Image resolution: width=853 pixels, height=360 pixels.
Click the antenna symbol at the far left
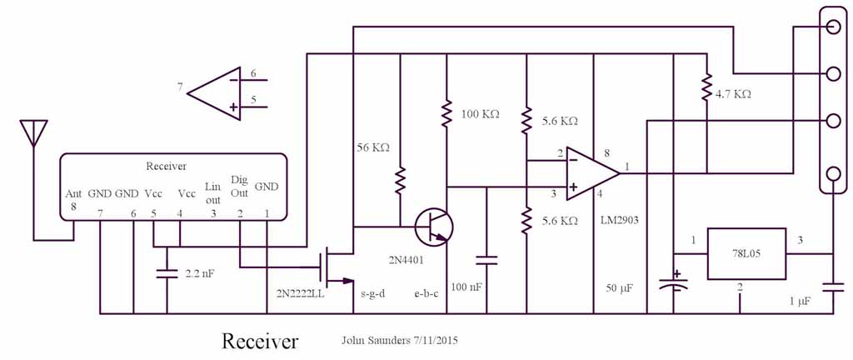pyautogui.click(x=33, y=133)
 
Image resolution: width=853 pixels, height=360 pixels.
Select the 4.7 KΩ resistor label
pyautogui.click(x=733, y=94)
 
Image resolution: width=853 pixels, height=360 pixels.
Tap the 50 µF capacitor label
pyautogui.click(x=620, y=287)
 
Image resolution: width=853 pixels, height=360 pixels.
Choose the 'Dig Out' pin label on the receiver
pyautogui.click(x=239, y=186)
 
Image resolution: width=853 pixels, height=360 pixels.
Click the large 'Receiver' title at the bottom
pyautogui.click(x=259, y=342)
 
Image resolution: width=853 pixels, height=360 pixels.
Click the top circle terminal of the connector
pyautogui.click(x=831, y=27)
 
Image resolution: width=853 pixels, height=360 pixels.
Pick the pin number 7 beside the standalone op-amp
pyautogui.click(x=180, y=87)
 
